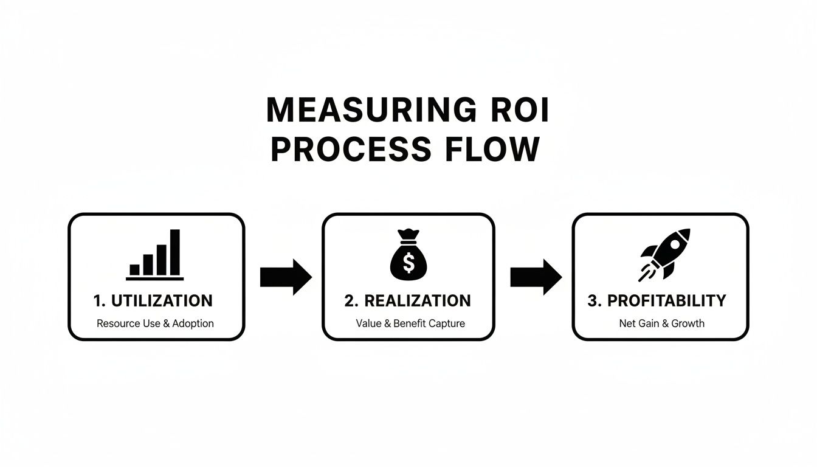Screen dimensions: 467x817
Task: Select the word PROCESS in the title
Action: coord(347,150)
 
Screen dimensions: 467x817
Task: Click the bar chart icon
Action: coord(155,255)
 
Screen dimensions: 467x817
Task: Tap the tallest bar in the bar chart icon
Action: coord(175,252)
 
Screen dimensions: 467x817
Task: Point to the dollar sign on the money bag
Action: coord(408,263)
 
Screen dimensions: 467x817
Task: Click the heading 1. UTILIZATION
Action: coord(153,300)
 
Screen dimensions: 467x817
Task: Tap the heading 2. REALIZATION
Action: coord(407,300)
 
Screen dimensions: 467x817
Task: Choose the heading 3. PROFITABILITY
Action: coord(657,300)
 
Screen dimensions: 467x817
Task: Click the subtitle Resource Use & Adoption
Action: coord(155,323)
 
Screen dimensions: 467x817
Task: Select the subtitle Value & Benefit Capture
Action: coord(410,323)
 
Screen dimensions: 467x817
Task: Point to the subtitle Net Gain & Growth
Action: coord(661,323)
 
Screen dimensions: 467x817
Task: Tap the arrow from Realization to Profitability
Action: coord(536,277)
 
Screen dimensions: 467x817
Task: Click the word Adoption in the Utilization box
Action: coord(193,323)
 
